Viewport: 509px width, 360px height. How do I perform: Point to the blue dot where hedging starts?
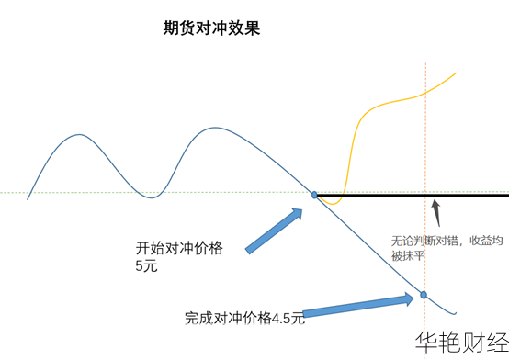click(x=314, y=195)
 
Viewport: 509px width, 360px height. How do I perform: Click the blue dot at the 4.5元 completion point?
click(x=424, y=294)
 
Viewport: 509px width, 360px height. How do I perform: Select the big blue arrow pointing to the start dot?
click(x=274, y=231)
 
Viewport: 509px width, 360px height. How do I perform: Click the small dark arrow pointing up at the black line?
click(x=438, y=212)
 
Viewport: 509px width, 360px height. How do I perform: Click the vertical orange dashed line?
click(x=425, y=138)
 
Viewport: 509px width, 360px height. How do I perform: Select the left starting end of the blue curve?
click(x=28, y=198)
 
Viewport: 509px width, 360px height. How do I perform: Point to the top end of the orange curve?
click(x=456, y=73)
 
